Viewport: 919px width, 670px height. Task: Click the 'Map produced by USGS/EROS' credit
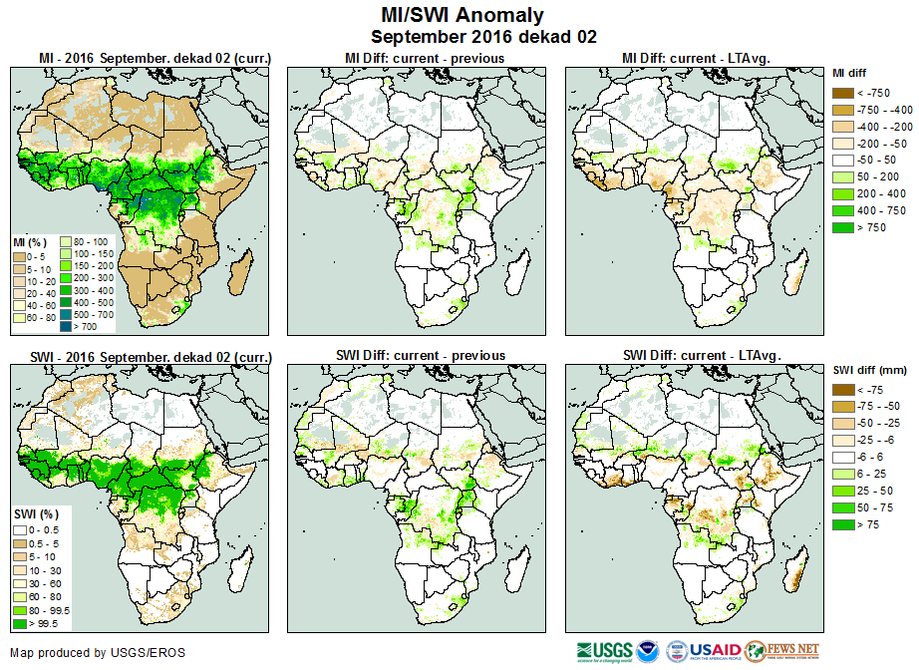point(98,653)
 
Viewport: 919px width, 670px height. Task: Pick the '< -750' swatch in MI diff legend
point(843,93)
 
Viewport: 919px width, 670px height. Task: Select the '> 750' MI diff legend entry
point(843,228)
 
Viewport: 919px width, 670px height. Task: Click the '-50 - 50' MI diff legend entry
point(843,161)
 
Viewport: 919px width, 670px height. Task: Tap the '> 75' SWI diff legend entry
point(843,523)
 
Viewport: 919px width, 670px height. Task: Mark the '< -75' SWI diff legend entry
point(843,390)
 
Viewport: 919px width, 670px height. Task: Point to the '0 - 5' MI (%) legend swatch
point(19,256)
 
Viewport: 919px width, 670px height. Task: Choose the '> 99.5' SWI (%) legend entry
point(19,624)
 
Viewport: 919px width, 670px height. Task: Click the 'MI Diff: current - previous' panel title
point(424,59)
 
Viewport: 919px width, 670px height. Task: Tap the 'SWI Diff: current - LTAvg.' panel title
point(701,356)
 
